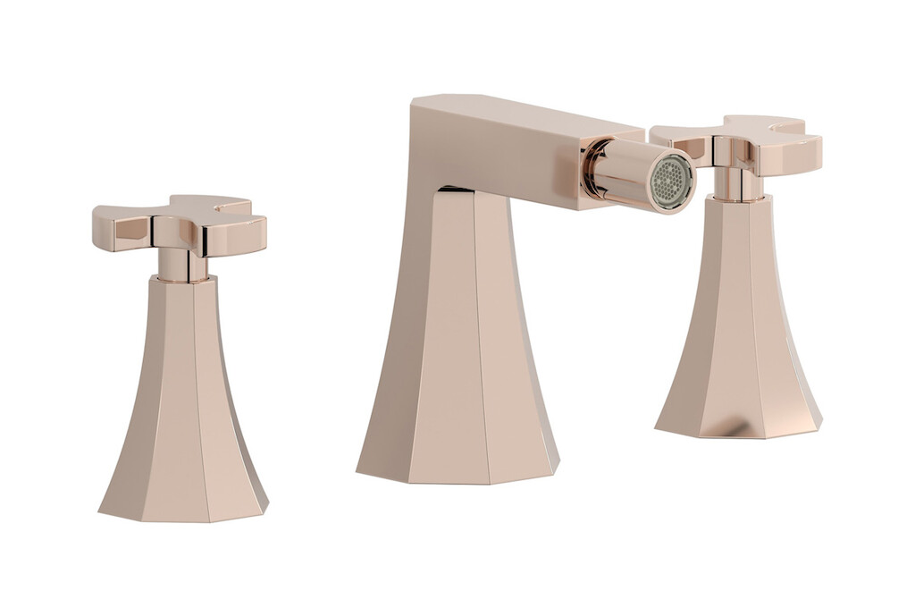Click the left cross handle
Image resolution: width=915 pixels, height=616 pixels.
179,224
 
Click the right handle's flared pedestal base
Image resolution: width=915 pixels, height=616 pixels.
737,340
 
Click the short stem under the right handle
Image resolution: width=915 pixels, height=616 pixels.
738,183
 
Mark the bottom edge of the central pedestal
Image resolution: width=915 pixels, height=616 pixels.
457,480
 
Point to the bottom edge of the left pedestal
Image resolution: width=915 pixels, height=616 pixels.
183,518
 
